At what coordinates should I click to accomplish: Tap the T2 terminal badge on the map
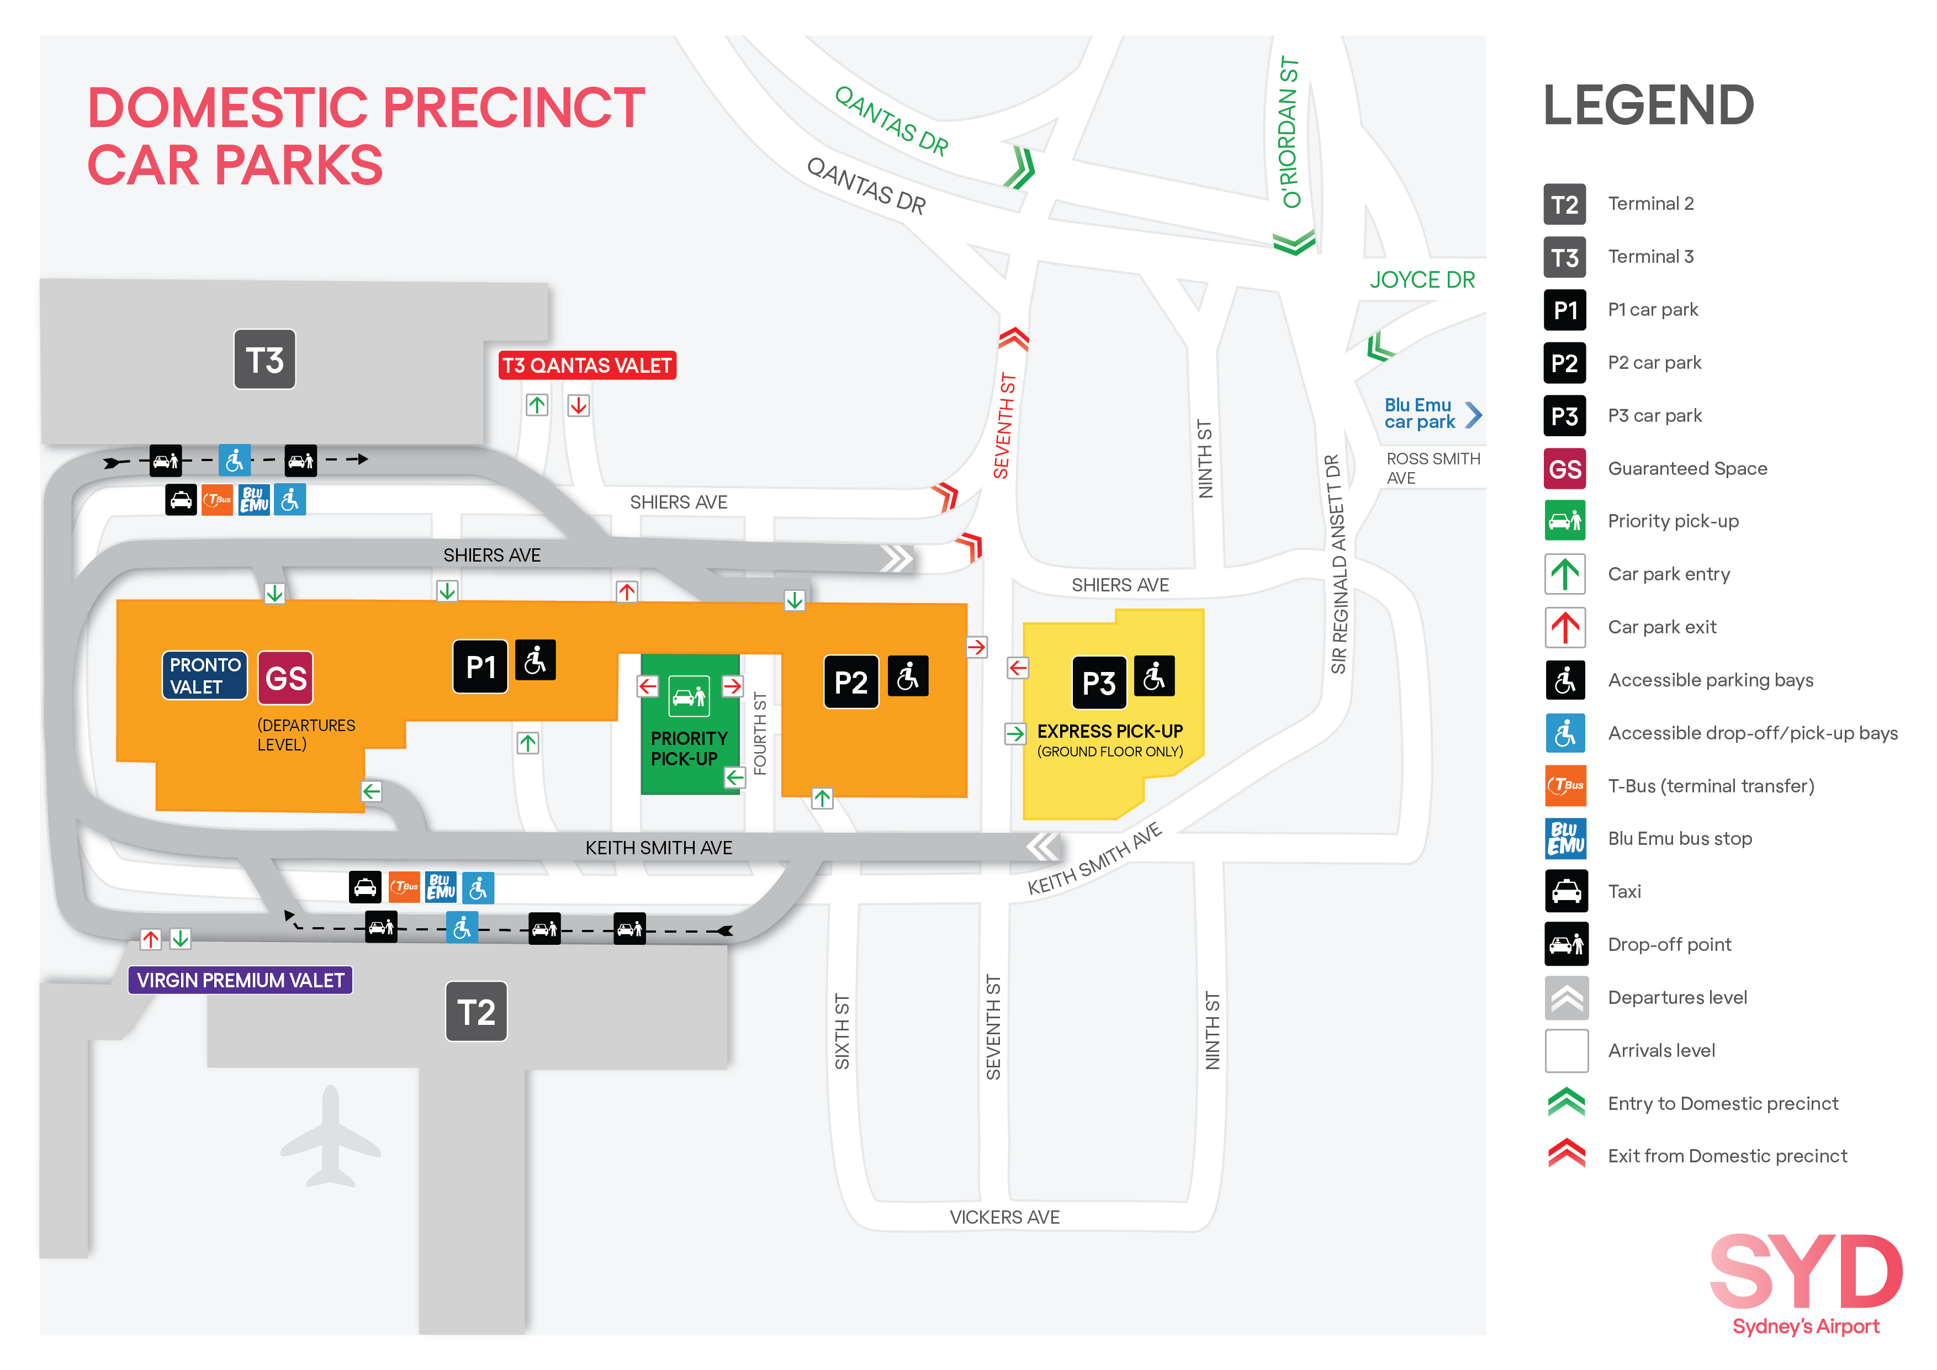476,1012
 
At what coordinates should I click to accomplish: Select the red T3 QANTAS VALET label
587,365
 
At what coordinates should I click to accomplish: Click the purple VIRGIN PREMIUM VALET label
240,980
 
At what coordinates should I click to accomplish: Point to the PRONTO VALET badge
205,676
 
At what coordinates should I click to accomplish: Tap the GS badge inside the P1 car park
285,678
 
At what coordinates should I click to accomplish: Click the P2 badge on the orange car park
850,681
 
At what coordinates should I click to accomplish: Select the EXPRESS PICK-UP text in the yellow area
1109,732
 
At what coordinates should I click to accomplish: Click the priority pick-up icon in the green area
689,696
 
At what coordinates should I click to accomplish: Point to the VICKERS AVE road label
1004,1217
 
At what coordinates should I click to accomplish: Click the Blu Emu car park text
1419,414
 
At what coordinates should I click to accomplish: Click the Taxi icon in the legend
1566,892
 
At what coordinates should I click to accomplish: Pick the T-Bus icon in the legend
1566,785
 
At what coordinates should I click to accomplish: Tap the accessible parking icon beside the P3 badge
1154,676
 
